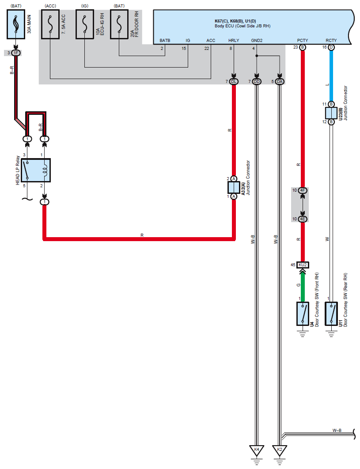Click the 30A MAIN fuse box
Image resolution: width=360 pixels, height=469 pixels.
(16, 23)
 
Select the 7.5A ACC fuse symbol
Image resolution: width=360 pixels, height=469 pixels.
(50, 23)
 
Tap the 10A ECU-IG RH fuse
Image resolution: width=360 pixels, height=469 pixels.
(85, 23)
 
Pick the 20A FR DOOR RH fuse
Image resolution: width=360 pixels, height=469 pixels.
(119, 23)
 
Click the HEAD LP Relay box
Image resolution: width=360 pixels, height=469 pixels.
(36, 170)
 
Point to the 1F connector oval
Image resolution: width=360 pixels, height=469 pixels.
(16, 53)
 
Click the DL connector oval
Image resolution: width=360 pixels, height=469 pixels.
(234, 82)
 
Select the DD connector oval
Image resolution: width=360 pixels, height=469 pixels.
(257, 82)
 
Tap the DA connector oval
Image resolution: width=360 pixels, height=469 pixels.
(279, 82)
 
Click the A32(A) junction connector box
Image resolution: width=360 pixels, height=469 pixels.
(234, 188)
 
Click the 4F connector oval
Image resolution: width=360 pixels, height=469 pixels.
(303, 191)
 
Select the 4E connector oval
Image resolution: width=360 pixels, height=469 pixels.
(303, 219)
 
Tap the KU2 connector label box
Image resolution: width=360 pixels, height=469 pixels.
(303, 265)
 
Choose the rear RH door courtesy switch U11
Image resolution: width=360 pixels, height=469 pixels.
(331, 314)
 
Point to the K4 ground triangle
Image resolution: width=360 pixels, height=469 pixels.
(257, 450)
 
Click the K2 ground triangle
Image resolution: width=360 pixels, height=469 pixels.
(279, 450)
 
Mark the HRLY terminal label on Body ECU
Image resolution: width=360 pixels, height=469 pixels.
(234, 41)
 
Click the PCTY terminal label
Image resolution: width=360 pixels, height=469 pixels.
(303, 41)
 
